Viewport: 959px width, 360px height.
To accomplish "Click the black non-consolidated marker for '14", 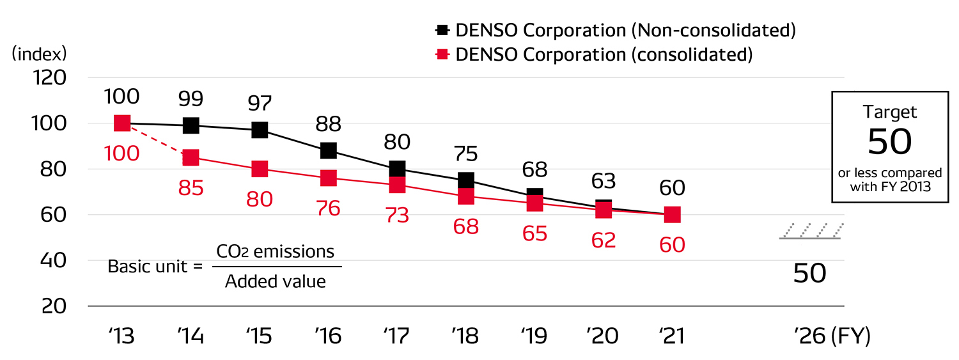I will (191, 125).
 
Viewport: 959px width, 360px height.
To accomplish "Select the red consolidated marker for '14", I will (191, 157).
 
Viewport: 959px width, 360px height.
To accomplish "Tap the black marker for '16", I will (329, 150).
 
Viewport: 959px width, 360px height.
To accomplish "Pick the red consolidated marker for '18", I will (466, 196).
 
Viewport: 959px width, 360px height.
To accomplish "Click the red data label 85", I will (191, 188).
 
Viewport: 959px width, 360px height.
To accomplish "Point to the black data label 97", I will (260, 103).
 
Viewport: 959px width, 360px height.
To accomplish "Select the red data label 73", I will (397, 215).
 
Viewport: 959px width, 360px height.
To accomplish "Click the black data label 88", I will (329, 123).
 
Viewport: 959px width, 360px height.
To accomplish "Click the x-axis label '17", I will (397, 336).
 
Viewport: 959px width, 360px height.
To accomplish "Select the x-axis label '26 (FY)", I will (832, 336).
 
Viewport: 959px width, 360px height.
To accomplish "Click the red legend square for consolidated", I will (442, 55).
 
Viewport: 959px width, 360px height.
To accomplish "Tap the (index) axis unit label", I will (40, 53).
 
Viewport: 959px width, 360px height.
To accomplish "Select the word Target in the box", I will (890, 112).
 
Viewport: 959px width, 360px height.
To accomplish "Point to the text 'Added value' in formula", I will (276, 281).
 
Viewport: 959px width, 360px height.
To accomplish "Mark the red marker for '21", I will (672, 215).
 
